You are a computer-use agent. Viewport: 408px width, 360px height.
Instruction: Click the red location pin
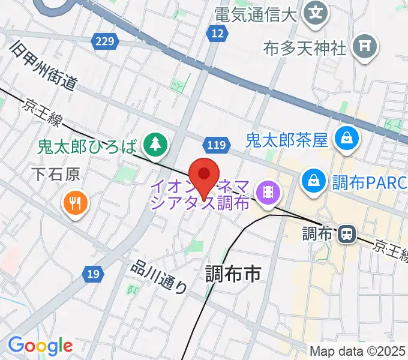click(204, 175)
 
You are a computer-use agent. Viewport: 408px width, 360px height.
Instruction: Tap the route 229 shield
click(104, 41)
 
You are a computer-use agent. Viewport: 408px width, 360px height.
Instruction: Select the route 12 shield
click(217, 34)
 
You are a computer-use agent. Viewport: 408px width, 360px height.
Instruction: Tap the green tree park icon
click(156, 144)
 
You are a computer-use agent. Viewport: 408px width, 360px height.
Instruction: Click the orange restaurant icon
click(75, 203)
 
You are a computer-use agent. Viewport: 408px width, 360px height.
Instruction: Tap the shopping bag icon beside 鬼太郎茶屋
click(347, 140)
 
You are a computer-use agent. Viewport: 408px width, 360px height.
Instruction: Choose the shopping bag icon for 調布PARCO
click(313, 178)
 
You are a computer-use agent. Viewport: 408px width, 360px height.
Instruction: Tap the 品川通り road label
click(158, 278)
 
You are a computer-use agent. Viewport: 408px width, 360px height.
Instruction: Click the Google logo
click(40, 346)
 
